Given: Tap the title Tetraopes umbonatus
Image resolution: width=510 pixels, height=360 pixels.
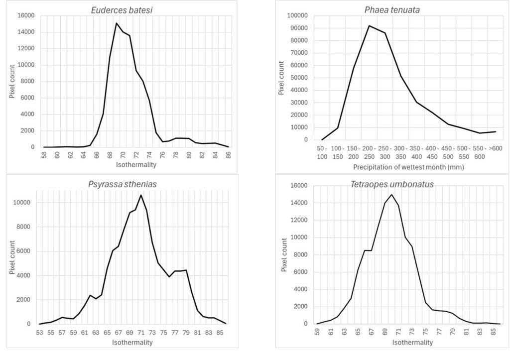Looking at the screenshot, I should [x=391, y=184].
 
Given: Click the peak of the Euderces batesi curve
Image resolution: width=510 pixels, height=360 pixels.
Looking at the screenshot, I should [x=116, y=23].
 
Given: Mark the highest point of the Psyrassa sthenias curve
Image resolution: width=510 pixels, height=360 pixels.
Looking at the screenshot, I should [x=141, y=195].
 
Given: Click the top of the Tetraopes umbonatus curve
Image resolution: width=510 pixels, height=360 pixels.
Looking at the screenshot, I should [x=391, y=195].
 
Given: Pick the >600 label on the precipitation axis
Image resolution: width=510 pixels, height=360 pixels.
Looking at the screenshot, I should [x=496, y=149].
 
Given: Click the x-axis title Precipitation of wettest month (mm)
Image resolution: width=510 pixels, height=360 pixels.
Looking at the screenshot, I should [x=408, y=167].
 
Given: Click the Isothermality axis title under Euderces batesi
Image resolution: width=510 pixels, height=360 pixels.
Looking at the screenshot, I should [x=136, y=164].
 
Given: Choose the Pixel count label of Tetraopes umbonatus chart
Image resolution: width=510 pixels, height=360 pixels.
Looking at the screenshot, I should [x=284, y=255].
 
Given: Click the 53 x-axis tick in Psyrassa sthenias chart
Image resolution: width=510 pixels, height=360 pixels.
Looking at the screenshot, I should [x=40, y=332].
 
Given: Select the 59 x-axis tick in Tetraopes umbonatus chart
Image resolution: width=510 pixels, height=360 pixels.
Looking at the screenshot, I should [x=317, y=332].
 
